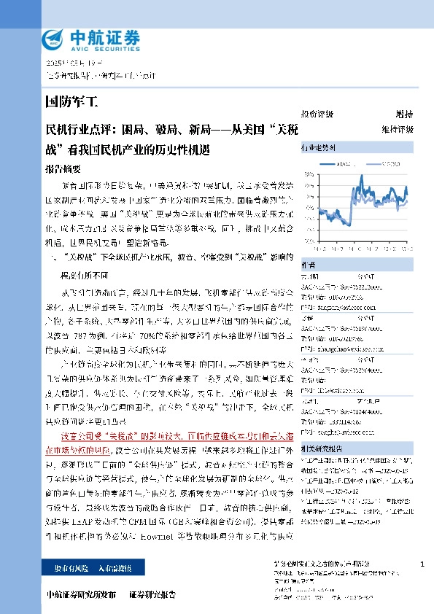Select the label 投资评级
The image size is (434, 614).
(x=317, y=114)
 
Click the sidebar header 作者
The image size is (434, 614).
(x=309, y=265)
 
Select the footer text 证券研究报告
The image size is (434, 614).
(x=152, y=596)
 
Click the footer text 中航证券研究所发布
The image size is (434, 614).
(x=80, y=596)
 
